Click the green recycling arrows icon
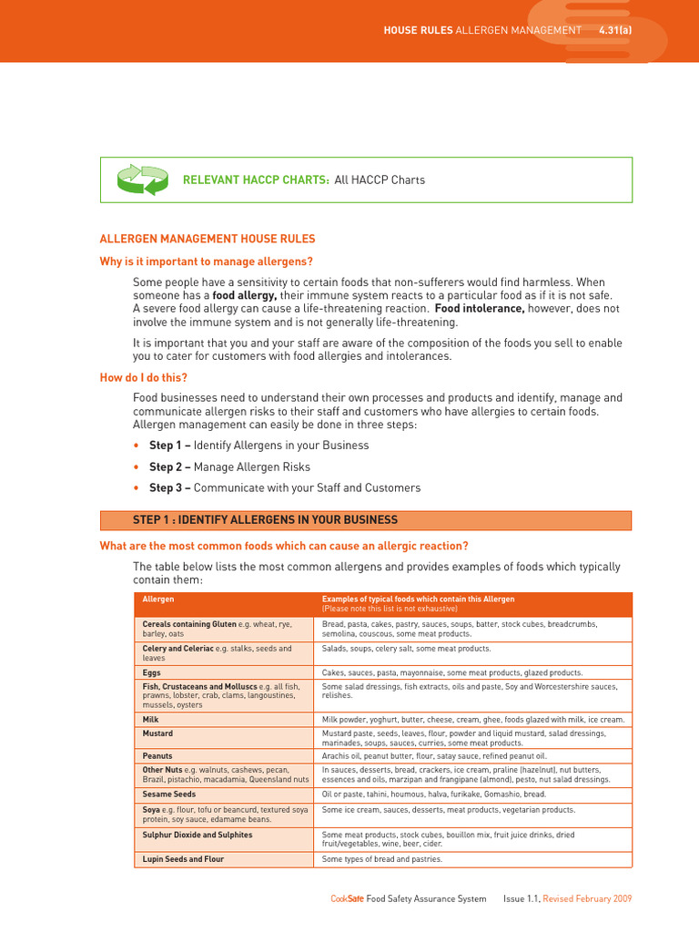[143, 179]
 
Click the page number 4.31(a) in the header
[615, 30]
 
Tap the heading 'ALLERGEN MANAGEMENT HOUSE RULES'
[207, 239]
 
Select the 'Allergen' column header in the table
[158, 599]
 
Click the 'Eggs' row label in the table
[152, 672]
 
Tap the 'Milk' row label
[151, 719]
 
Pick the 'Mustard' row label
[157, 733]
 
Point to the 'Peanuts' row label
[157, 756]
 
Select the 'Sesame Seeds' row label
[168, 795]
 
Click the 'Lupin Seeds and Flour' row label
[183, 859]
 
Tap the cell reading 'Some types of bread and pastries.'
[382, 859]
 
